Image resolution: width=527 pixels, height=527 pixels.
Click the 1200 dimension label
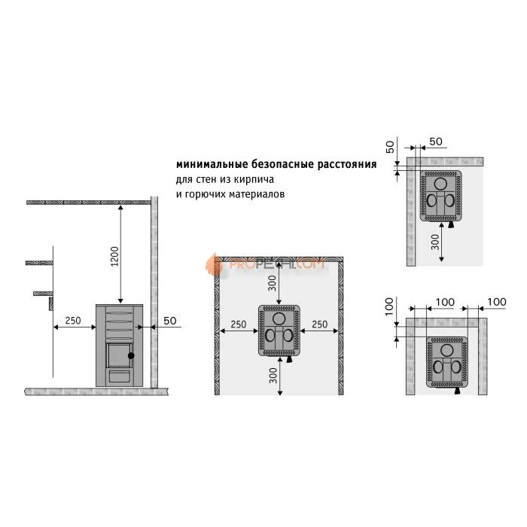coord(115,256)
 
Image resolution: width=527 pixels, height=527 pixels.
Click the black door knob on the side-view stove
coord(131,355)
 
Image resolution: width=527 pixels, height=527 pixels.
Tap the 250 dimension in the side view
coord(73,321)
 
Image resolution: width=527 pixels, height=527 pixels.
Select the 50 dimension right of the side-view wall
coord(169,321)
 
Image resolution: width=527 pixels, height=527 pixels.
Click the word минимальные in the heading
coord(212,164)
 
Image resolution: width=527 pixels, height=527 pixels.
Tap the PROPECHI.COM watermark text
coord(276,263)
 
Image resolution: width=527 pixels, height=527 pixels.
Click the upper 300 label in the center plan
coord(273,283)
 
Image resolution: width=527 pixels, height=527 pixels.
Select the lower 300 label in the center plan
coord(273,376)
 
